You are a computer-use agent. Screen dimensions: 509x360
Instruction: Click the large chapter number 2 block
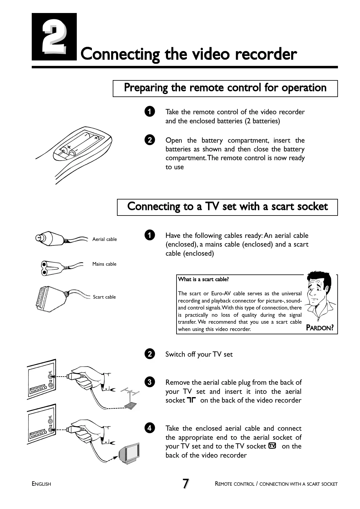pyautogui.click(x=54, y=37)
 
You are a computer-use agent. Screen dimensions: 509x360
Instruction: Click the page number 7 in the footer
pyautogui.click(x=186, y=483)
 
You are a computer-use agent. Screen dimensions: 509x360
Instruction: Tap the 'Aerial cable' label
pyautogui.click(x=104, y=239)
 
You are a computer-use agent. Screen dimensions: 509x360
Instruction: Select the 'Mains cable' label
pyautogui.click(x=104, y=264)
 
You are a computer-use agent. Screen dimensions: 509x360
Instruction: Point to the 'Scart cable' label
pyautogui.click(x=104, y=297)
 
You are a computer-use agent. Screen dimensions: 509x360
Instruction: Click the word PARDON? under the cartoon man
pyautogui.click(x=320, y=328)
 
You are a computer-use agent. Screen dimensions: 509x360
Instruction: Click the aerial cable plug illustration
pyautogui.click(x=48, y=238)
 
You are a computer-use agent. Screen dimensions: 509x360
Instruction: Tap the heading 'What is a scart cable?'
pyautogui.click(x=203, y=279)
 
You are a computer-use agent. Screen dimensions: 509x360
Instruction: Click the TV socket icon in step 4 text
pyautogui.click(x=272, y=446)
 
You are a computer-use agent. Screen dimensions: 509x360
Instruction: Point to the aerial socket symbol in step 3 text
pyautogui.click(x=192, y=400)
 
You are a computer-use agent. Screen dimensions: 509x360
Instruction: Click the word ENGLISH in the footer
pyautogui.click(x=42, y=484)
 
